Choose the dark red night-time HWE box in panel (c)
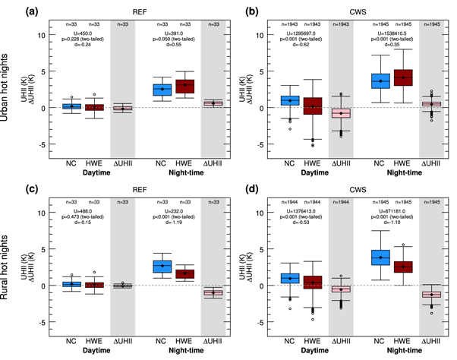pyautogui.click(x=185, y=273)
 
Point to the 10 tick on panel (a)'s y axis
pyautogui.click(x=47, y=36)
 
